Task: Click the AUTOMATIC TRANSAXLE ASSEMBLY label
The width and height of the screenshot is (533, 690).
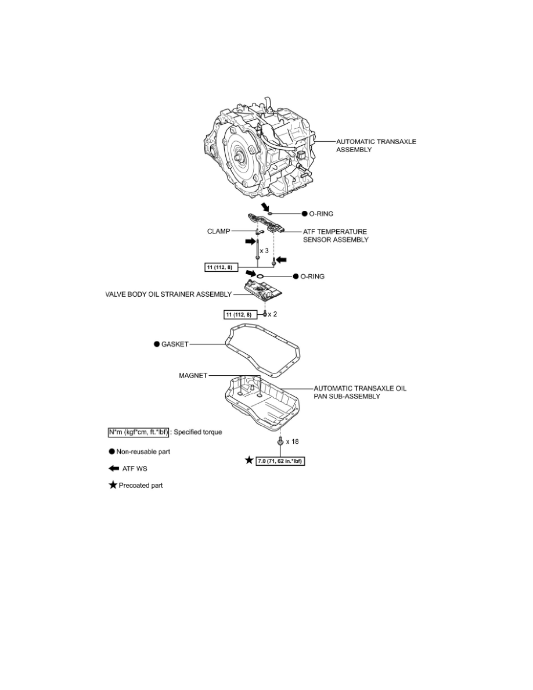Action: (x=376, y=146)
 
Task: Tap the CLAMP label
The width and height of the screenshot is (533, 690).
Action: (x=218, y=231)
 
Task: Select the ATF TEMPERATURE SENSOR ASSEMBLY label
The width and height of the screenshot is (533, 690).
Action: (x=336, y=235)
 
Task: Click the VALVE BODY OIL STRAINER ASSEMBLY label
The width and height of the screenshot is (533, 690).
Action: (x=168, y=294)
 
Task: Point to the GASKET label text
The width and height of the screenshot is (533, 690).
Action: (x=175, y=344)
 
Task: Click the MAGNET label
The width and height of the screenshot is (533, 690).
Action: (x=193, y=375)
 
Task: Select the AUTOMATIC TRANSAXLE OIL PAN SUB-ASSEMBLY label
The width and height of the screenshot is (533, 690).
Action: (x=360, y=392)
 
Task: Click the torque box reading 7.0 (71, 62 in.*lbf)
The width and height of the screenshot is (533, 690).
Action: (x=280, y=461)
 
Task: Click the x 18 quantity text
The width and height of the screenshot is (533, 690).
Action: (x=293, y=441)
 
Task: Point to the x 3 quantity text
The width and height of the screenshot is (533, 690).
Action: (x=264, y=250)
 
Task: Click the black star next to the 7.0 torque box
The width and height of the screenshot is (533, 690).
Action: (x=249, y=461)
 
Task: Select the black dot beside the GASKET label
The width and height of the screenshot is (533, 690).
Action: (x=157, y=344)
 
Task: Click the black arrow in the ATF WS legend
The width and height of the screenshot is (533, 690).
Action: (x=114, y=468)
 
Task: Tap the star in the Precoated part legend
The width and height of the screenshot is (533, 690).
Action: (x=113, y=485)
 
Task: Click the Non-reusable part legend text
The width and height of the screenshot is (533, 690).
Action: (x=143, y=451)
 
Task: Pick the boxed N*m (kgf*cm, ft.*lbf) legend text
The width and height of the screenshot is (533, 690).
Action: (x=139, y=432)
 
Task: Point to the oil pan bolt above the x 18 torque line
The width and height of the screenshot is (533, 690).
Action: (x=280, y=441)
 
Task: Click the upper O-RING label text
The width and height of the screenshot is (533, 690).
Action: (x=322, y=213)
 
